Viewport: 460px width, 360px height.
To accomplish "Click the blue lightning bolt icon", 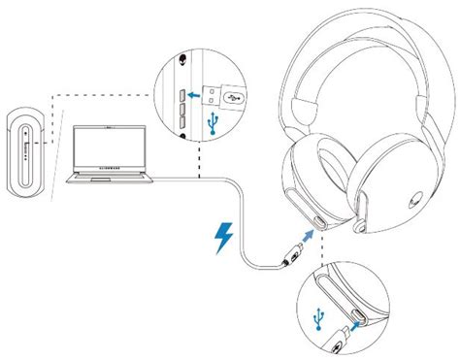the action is pyautogui.click(x=223, y=238).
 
